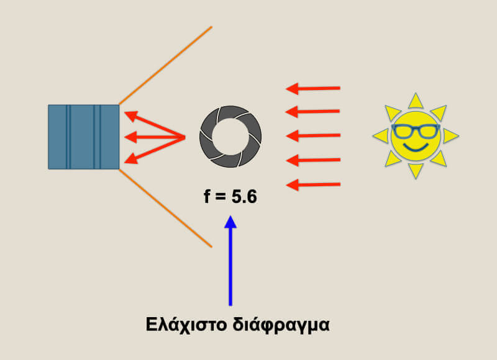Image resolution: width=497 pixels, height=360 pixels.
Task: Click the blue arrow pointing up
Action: (x=230, y=261)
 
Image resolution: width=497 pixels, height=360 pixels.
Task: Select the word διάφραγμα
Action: (x=281, y=325)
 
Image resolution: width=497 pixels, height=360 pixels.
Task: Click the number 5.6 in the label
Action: (x=244, y=197)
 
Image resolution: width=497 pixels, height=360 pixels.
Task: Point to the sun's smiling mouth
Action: (x=416, y=147)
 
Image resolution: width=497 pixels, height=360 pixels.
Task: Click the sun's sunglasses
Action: (x=416, y=130)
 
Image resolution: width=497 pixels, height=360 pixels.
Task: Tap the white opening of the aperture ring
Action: (x=230, y=137)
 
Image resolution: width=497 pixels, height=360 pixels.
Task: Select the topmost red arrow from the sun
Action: (x=313, y=89)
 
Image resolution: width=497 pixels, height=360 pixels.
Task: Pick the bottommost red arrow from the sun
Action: (x=313, y=184)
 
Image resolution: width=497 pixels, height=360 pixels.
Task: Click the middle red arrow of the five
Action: (x=313, y=136)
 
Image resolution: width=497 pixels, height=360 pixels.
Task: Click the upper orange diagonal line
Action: (x=165, y=65)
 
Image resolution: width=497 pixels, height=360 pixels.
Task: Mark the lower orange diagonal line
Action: (x=165, y=208)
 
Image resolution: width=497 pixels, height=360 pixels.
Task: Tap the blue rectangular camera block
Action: (x=84, y=137)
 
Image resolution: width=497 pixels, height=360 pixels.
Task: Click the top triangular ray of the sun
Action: (x=416, y=102)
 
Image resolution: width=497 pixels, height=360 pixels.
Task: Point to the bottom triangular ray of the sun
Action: (x=416, y=171)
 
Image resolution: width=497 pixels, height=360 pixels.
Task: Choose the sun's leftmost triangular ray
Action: (x=381, y=136)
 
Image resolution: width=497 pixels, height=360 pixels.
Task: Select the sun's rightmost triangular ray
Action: (x=451, y=136)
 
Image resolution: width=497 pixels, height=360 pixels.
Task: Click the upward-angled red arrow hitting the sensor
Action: (x=155, y=124)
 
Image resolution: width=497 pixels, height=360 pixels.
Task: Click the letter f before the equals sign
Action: (x=207, y=196)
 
